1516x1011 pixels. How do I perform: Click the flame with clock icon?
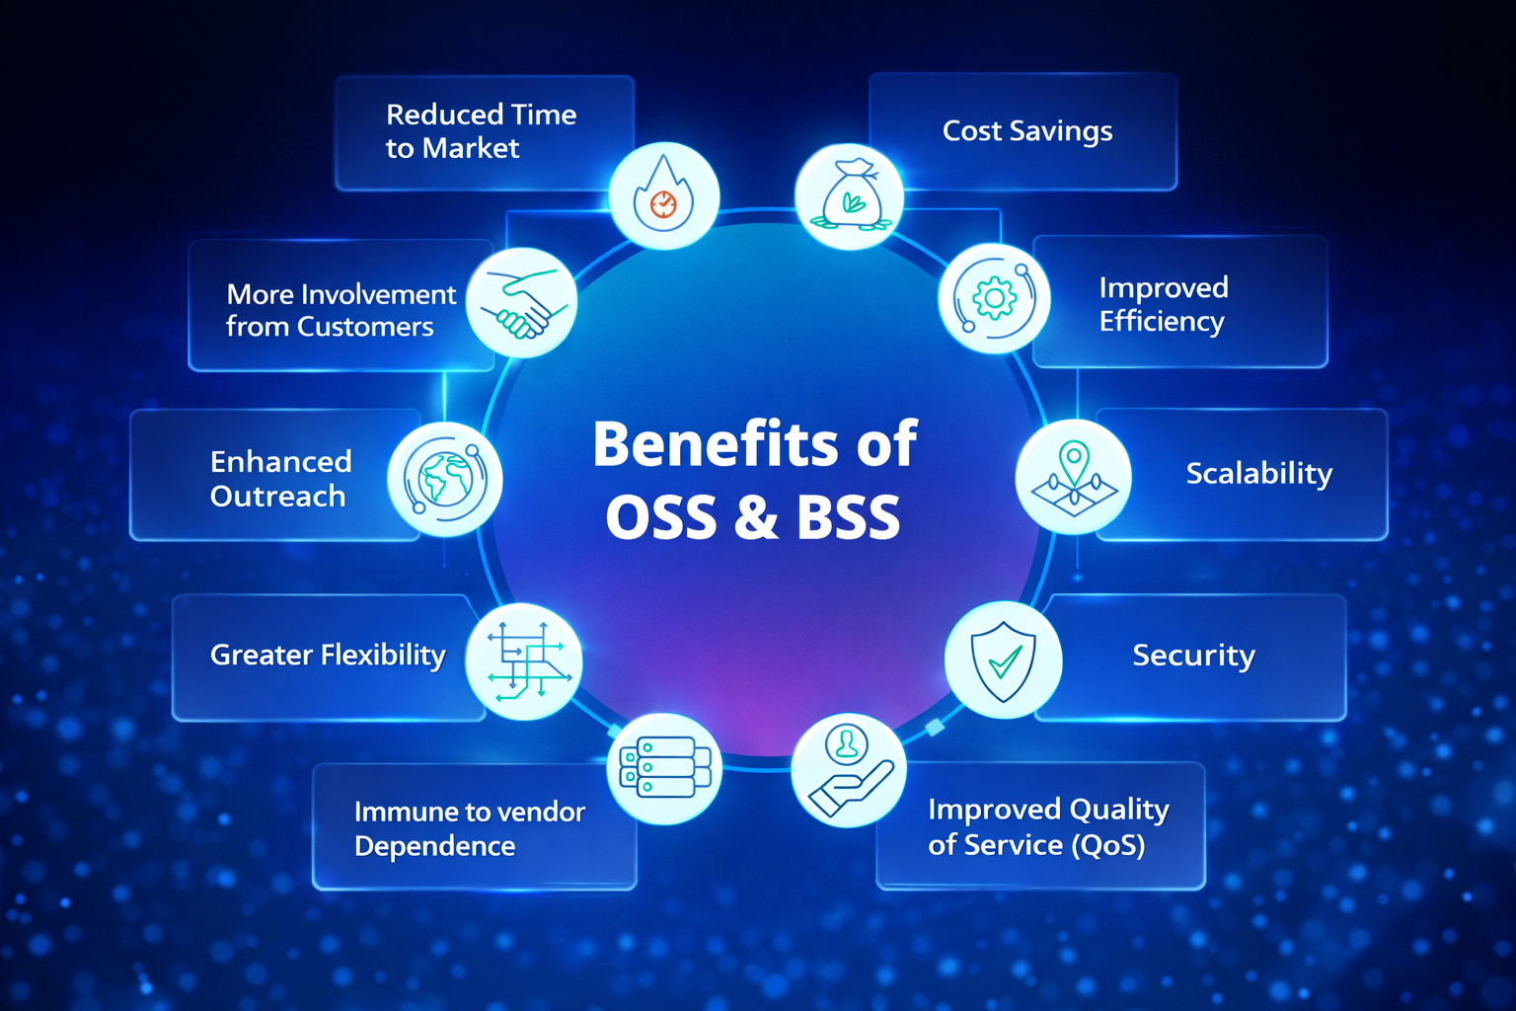[663, 194]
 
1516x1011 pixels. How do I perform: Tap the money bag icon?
[850, 195]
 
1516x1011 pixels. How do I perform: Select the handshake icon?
[521, 302]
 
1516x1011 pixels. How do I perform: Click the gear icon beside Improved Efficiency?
[994, 297]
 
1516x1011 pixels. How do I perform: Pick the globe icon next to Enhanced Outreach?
[445, 479]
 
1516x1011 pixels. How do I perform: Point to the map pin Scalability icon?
[1074, 478]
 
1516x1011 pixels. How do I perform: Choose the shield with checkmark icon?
[1003, 660]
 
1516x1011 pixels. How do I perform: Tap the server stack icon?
[664, 768]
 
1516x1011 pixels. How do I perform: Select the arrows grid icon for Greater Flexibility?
[524, 661]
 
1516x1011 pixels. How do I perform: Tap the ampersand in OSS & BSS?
[755, 517]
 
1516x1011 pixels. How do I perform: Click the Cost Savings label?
[1026, 131]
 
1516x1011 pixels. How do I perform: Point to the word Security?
[1193, 656]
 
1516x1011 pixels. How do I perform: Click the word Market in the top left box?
[470, 148]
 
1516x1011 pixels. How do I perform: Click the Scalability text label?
[1258, 474]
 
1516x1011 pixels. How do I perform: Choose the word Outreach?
[277, 497]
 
